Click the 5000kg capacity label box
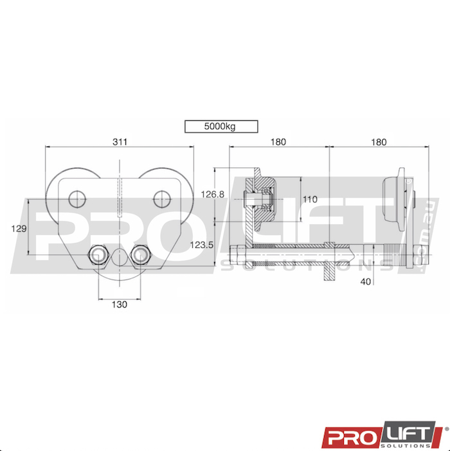coord(221,127)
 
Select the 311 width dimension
coord(120,142)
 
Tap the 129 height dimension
coord(19,229)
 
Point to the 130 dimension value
coord(120,305)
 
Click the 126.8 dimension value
coord(212,195)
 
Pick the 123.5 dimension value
coord(202,245)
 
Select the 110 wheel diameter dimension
coord(310,199)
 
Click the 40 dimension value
coord(366,281)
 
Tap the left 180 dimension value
coord(278,142)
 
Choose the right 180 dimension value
coord(379,142)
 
